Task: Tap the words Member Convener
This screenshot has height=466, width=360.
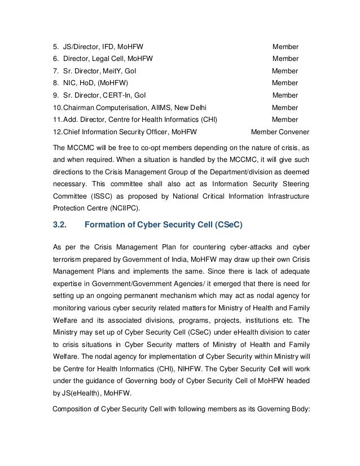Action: pos(279,131)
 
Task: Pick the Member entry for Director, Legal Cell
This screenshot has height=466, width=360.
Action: pos(286,58)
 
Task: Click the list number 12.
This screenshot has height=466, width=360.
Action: pos(56,131)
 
